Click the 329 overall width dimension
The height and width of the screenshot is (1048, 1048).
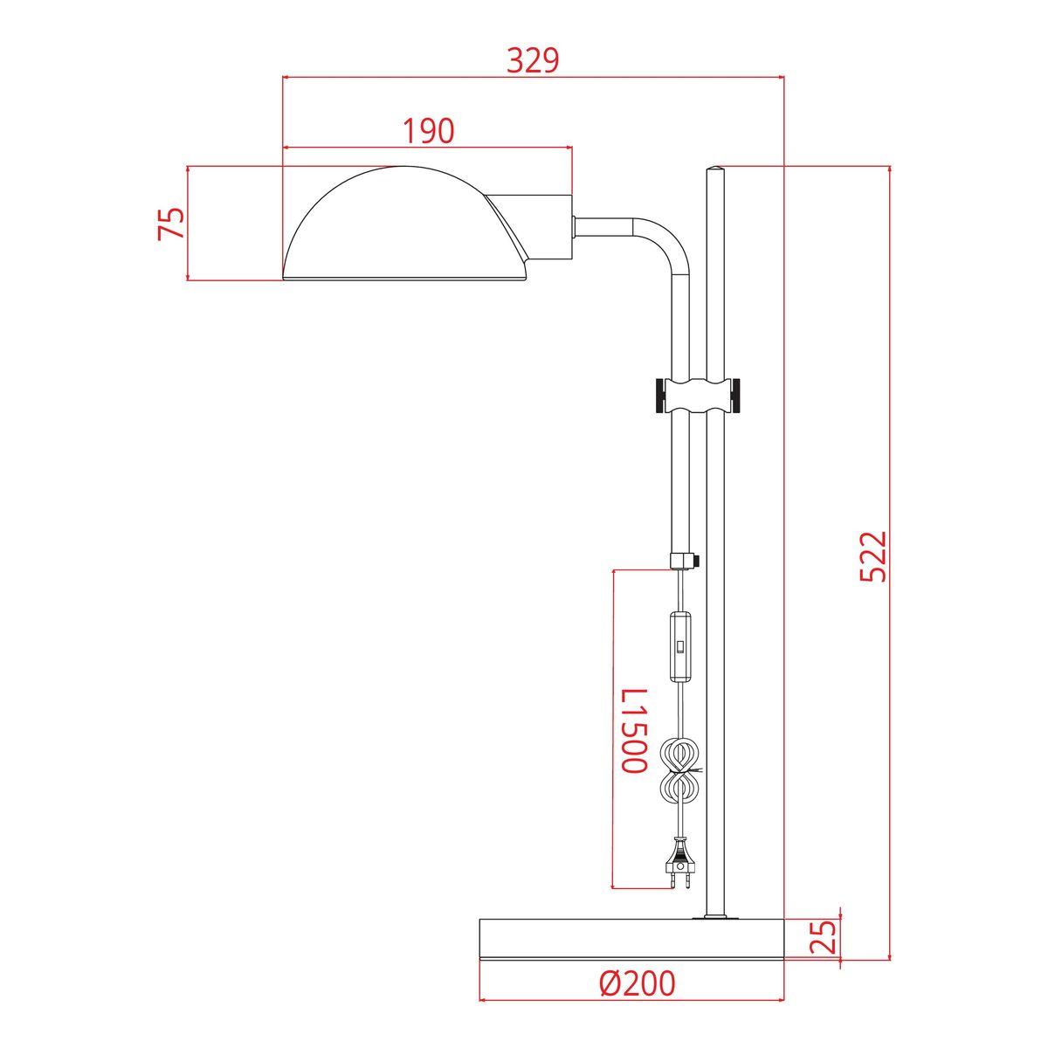532,60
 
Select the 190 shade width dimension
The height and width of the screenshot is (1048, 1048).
428,131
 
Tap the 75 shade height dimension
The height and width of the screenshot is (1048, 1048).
171,224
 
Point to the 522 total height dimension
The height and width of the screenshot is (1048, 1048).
873,555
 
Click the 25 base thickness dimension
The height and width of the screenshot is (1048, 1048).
826,935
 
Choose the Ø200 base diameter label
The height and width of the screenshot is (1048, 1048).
637,984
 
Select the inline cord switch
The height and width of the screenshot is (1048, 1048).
679,646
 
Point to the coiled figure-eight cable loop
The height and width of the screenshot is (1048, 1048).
679,769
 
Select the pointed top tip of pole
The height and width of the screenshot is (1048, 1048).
715,167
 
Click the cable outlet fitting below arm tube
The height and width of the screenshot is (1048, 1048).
683,560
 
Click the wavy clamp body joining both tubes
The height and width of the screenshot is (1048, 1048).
696,396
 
